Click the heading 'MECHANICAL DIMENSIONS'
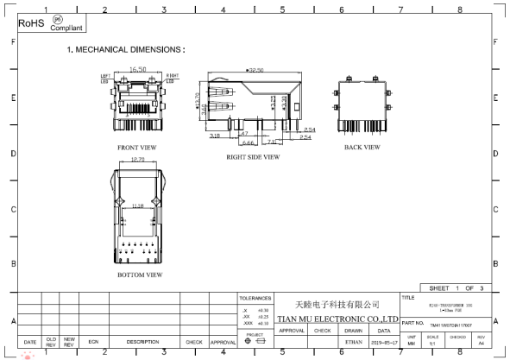(x=130, y=49)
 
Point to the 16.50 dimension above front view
(x=138, y=69)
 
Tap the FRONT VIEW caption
(x=137, y=148)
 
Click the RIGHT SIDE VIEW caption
(x=253, y=157)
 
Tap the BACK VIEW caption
(x=362, y=148)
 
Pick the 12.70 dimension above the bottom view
(x=136, y=160)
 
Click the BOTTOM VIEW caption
(x=139, y=275)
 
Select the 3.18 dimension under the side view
(x=214, y=136)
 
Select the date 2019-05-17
(x=384, y=342)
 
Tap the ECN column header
(x=92, y=342)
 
